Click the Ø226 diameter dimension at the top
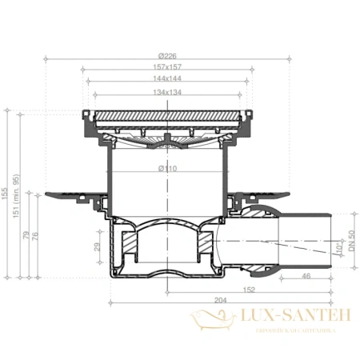[167, 55]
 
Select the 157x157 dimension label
[167, 67]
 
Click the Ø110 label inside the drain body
[167, 169]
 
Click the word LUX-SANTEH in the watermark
[293, 318]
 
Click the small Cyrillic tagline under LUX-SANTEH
[293, 329]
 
